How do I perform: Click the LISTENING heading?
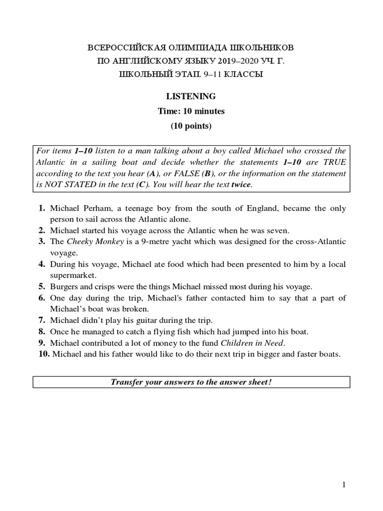(191, 96)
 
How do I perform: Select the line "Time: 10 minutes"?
(191, 111)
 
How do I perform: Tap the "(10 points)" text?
(191, 126)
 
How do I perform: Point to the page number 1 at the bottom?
(344, 485)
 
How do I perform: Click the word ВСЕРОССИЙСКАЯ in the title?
(120, 48)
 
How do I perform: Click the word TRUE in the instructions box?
(335, 162)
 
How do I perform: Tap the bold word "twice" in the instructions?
(241, 185)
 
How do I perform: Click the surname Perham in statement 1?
(97, 208)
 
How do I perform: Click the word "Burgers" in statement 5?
(64, 286)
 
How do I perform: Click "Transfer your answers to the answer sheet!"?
(191, 382)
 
